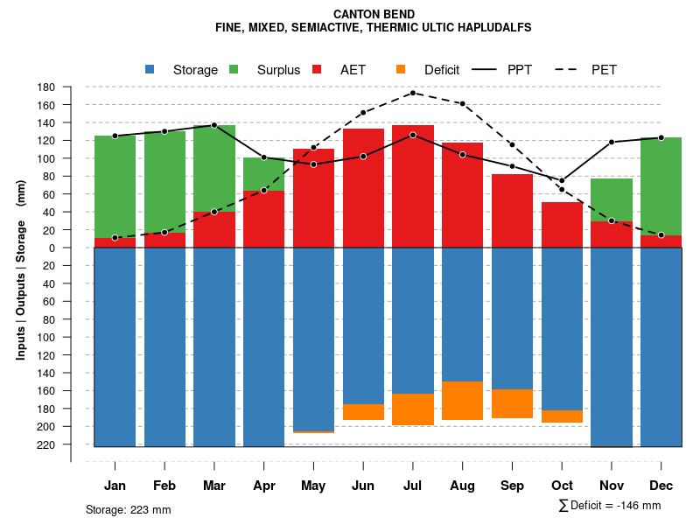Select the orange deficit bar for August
click(462, 401)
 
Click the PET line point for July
click(412, 93)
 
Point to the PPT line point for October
click(562, 180)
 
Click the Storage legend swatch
click(150, 70)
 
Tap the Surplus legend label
click(278, 70)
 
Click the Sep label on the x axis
click(512, 486)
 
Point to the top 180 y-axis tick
click(47, 87)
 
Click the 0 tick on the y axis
click(52, 248)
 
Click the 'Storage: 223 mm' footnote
click(128, 509)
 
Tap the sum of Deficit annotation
click(609, 506)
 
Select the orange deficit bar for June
click(363, 412)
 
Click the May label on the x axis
click(313, 486)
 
